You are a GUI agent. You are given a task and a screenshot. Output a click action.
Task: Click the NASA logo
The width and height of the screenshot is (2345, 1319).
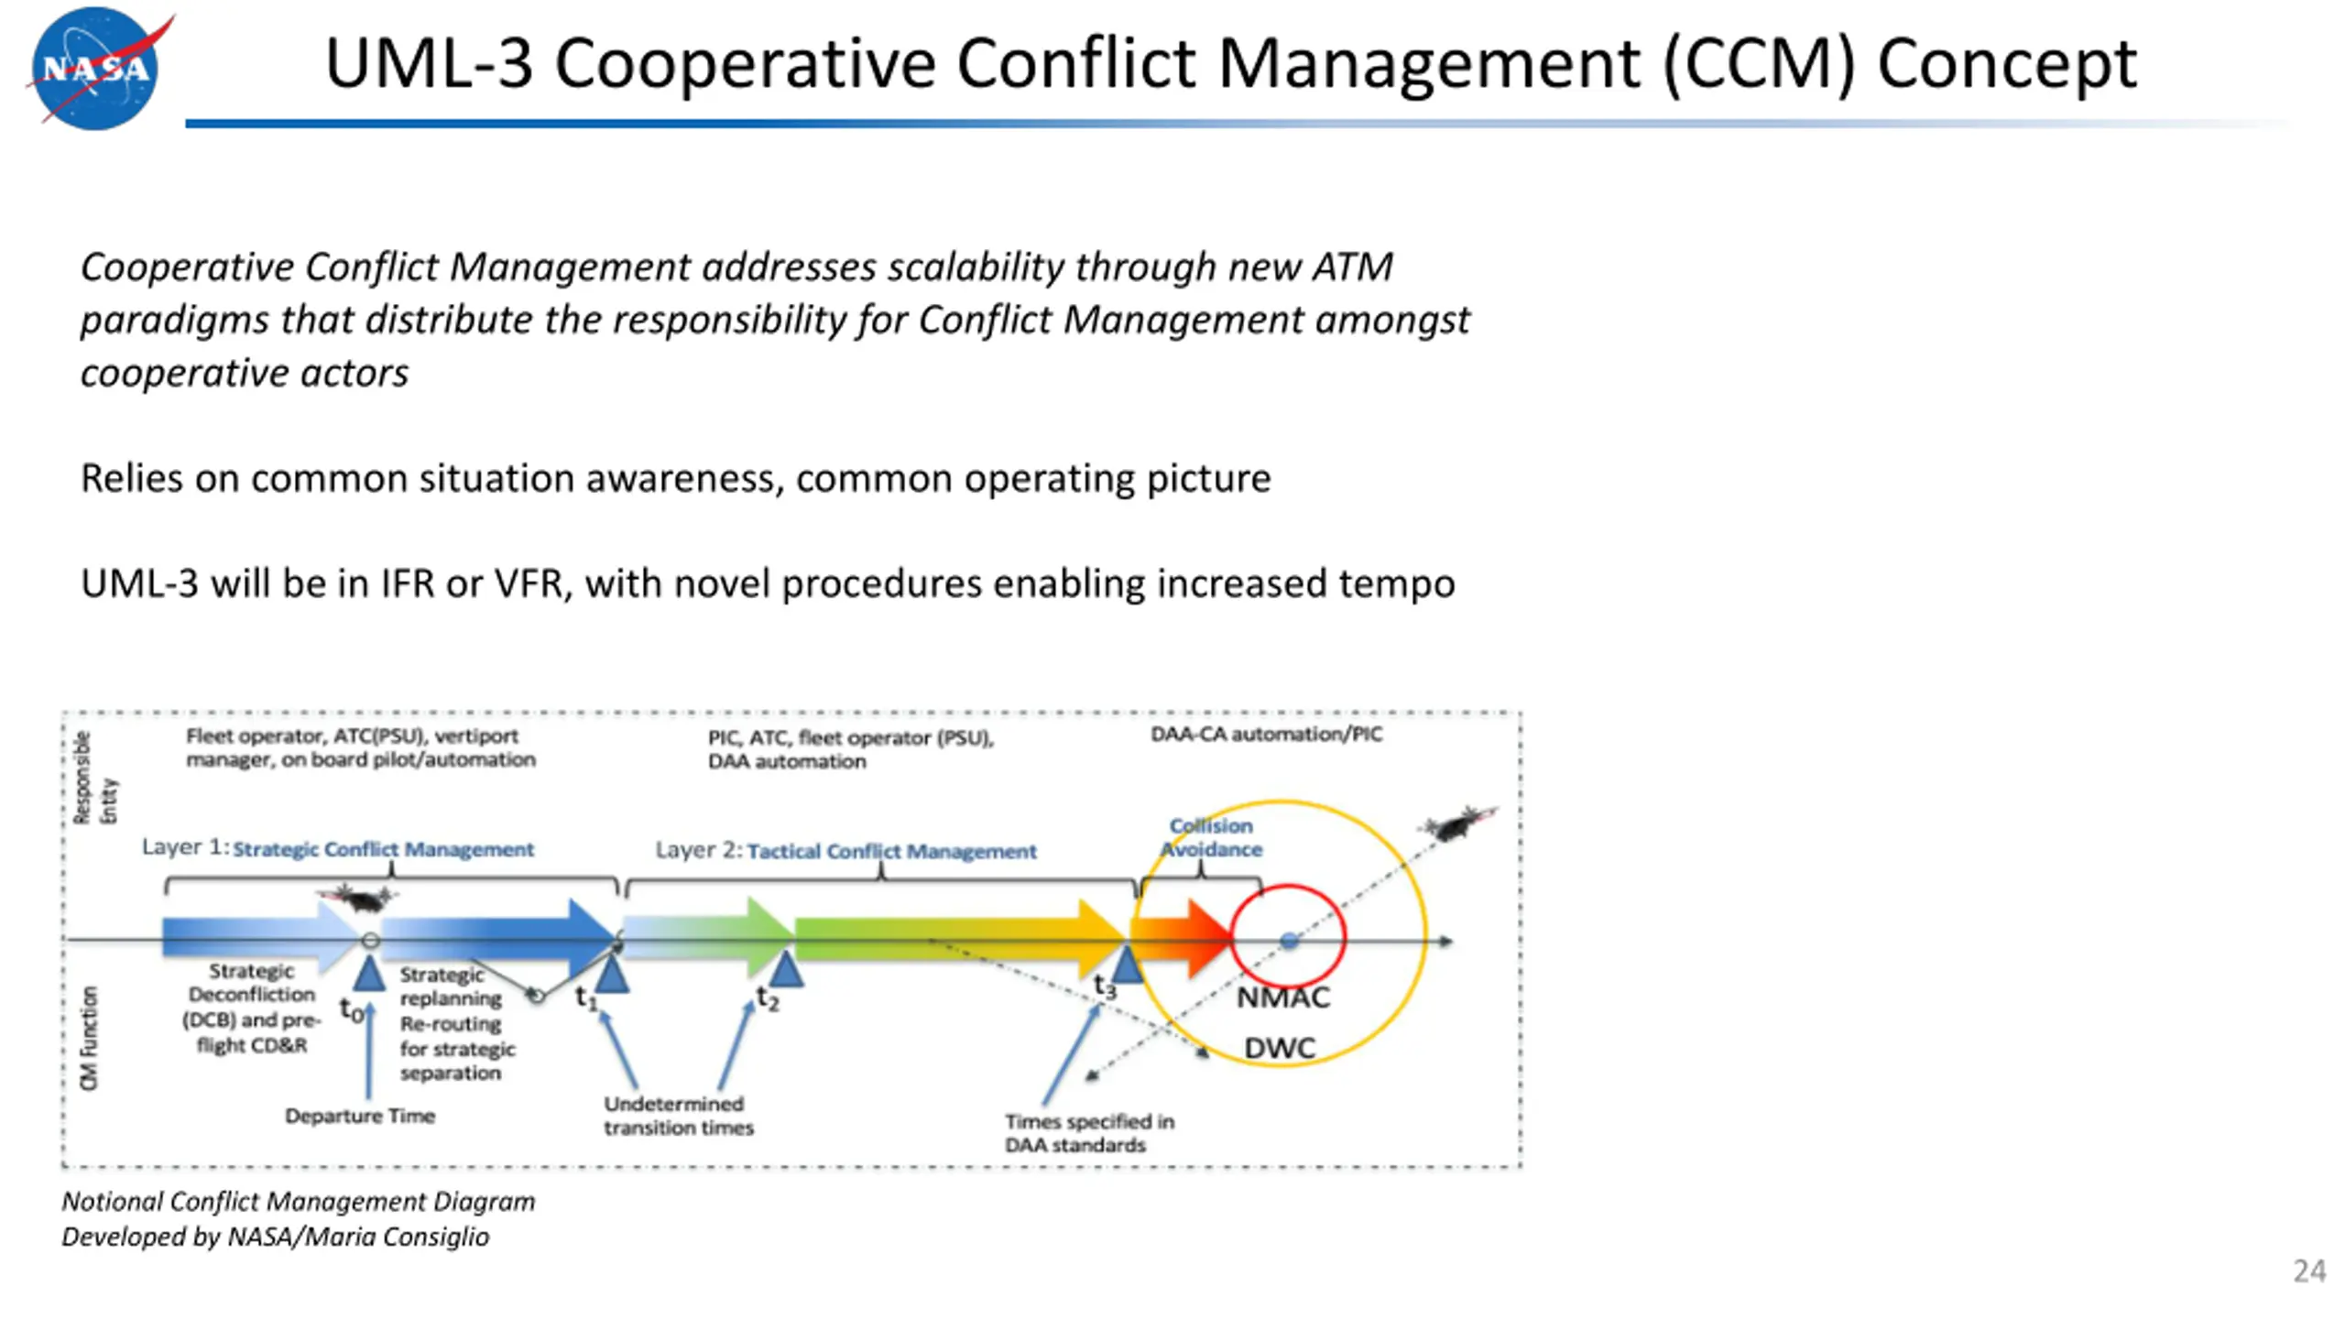pyautogui.click(x=95, y=68)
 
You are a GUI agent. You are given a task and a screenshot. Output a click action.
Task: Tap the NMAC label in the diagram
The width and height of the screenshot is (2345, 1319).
pyautogui.click(x=1282, y=997)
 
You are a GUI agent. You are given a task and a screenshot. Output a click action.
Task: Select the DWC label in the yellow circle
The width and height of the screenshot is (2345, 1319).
pyautogui.click(x=1280, y=1048)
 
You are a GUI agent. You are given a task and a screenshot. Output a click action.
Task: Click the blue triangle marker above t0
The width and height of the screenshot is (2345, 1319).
pyautogui.click(x=369, y=973)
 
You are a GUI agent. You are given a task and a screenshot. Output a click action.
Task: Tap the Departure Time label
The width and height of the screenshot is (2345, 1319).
pyautogui.click(x=360, y=1116)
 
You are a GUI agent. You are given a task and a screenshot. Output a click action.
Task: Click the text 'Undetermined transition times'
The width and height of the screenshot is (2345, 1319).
pyautogui.click(x=678, y=1116)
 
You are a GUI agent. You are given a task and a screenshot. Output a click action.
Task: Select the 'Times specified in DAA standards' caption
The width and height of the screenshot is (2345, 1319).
pyautogui.click(x=1088, y=1133)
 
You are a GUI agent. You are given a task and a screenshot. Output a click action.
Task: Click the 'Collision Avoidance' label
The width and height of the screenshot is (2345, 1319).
pyautogui.click(x=1211, y=837)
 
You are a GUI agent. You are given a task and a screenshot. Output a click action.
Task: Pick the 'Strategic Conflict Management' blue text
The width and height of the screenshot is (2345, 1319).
pyautogui.click(x=383, y=849)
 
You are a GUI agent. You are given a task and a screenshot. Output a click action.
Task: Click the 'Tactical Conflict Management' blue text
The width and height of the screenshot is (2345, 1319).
pyautogui.click(x=891, y=851)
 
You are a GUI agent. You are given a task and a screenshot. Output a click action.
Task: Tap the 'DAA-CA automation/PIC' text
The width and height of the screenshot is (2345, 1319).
pyautogui.click(x=1266, y=734)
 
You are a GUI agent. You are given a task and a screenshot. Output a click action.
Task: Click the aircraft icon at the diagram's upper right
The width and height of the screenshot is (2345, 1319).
pyautogui.click(x=1456, y=823)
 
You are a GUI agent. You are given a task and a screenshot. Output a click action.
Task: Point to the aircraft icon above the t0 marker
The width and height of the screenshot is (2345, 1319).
pyautogui.click(x=358, y=898)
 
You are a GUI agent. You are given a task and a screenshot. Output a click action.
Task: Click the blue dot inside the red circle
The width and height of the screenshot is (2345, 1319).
pyautogui.click(x=1289, y=941)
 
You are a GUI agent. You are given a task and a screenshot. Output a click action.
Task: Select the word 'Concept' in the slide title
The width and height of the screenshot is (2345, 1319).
pyautogui.click(x=2007, y=63)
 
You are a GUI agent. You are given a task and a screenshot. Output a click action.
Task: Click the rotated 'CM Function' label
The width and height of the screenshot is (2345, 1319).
pyautogui.click(x=89, y=1038)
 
